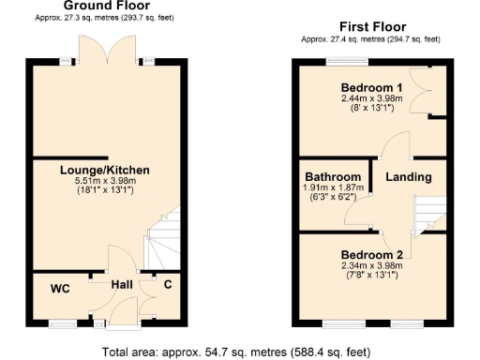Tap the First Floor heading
369,27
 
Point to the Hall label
122,284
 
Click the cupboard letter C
168,284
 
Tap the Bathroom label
333,177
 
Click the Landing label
409,177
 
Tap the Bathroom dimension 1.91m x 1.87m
333,188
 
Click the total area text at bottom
240,351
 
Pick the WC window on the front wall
63,324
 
